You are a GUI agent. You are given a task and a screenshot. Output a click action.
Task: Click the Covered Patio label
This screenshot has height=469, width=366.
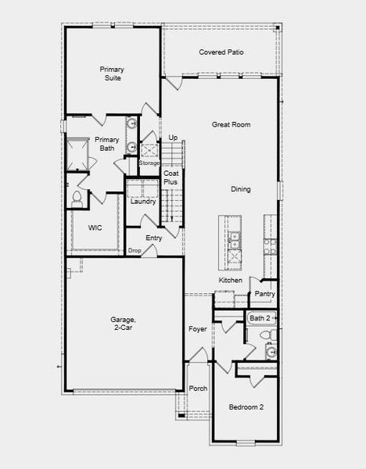click(x=221, y=52)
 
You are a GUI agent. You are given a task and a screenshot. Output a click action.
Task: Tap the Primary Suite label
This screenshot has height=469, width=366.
click(x=112, y=73)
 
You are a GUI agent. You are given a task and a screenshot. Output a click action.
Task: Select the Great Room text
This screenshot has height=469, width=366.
click(x=231, y=124)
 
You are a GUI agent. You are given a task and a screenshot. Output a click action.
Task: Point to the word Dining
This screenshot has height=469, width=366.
click(x=241, y=189)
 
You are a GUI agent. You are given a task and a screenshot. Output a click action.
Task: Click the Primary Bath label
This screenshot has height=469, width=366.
click(x=107, y=144)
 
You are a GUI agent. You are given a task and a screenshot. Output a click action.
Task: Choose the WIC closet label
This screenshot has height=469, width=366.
click(x=95, y=227)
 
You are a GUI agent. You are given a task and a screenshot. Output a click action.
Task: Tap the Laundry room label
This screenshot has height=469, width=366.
click(x=143, y=201)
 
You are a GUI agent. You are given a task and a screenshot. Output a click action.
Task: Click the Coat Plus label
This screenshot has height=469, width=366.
click(x=170, y=177)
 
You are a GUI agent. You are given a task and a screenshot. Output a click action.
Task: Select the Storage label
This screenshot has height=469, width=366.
click(x=149, y=163)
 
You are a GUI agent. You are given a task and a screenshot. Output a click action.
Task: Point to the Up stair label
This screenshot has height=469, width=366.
click(x=173, y=138)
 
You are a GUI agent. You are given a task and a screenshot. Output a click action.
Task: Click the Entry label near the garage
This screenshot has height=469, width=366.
click(x=154, y=238)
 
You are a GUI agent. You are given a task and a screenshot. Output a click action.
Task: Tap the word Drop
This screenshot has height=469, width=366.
click(x=135, y=251)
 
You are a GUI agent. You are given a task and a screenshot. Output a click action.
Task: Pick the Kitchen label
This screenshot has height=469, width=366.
click(x=230, y=280)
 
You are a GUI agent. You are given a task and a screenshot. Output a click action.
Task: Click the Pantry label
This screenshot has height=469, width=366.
click(x=264, y=294)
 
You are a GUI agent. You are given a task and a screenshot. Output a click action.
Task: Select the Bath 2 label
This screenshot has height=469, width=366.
click(x=260, y=318)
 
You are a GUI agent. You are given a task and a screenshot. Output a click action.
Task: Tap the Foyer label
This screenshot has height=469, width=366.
click(x=198, y=329)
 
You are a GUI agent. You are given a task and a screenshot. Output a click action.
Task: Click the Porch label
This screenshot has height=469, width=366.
click(x=199, y=388)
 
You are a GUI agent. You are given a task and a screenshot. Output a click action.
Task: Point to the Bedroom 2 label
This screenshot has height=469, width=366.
click(x=246, y=407)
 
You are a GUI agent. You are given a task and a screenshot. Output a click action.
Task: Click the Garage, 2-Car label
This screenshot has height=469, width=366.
click(x=124, y=324)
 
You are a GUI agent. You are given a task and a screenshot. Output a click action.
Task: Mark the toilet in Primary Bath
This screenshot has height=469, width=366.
click(x=77, y=198)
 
